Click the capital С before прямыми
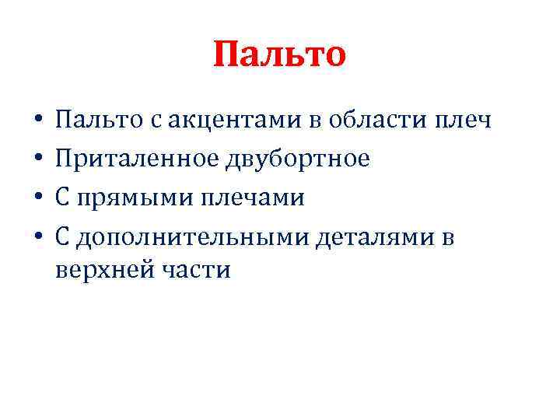point(65,198)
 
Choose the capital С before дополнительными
point(65,237)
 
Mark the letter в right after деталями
point(449,237)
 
